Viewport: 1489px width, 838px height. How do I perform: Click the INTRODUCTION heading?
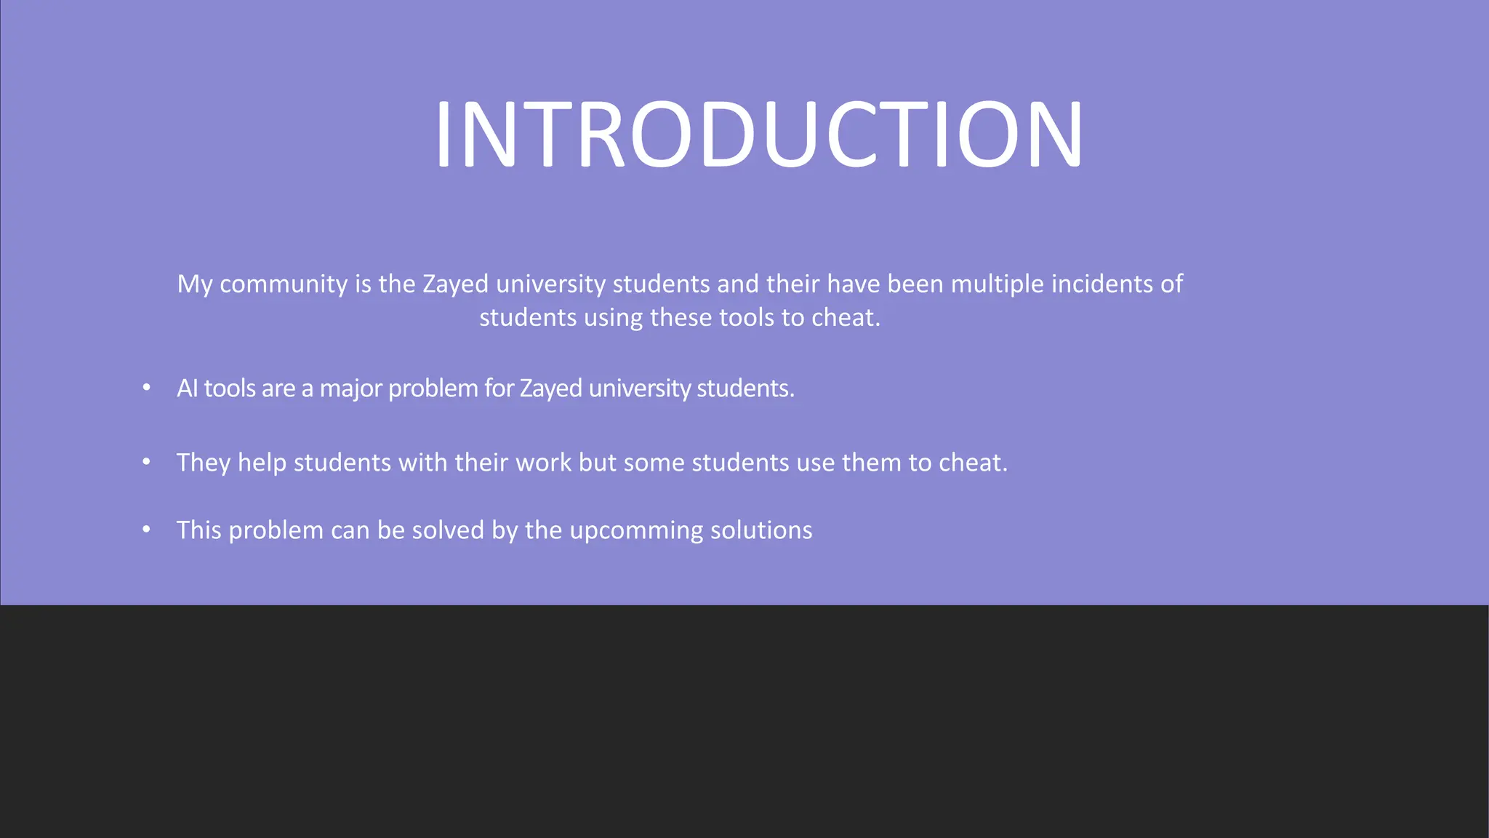(758, 135)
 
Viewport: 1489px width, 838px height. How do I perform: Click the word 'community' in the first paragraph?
(284, 284)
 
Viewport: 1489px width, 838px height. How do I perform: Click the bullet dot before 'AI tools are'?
(147, 388)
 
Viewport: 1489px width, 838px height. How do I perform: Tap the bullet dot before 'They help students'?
(147, 462)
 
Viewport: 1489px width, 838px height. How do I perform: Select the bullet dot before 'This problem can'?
(147, 530)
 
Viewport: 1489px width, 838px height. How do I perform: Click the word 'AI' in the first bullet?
(187, 388)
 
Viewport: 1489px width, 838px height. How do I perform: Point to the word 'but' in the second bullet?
(598, 463)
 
